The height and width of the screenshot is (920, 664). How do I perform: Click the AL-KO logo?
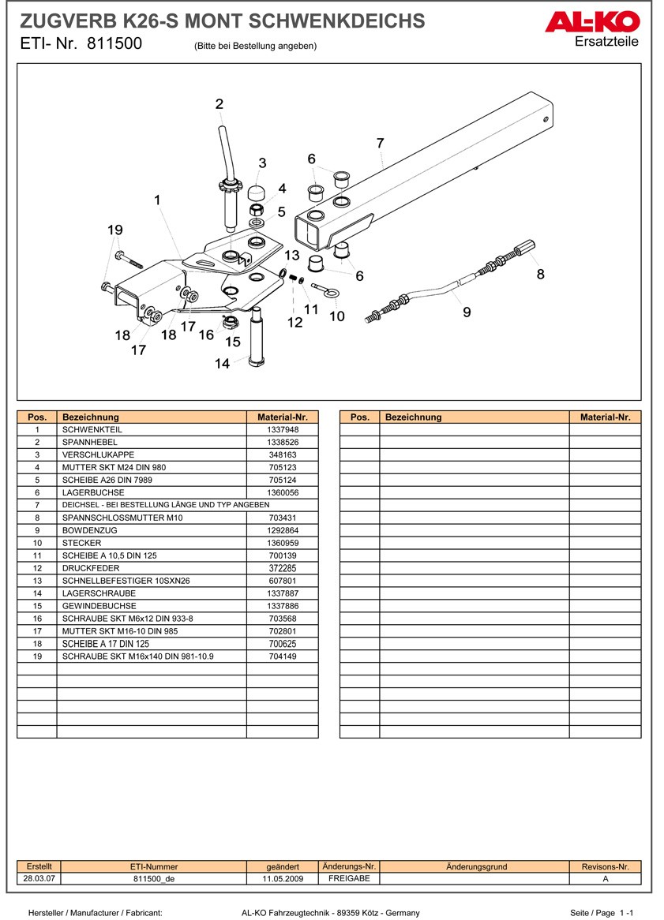tap(591, 23)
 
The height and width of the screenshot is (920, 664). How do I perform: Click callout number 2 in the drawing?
tap(219, 103)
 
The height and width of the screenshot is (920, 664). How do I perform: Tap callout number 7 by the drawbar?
tap(380, 143)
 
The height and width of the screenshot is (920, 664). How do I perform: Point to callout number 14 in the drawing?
tap(222, 364)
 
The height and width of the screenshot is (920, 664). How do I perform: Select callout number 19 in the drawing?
tap(115, 230)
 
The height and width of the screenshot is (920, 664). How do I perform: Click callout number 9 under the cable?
tap(467, 312)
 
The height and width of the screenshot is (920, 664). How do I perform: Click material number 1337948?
tap(283, 429)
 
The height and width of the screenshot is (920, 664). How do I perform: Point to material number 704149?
tap(283, 656)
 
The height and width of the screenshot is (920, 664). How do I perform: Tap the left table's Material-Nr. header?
tap(282, 417)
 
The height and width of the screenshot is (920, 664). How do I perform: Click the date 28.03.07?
tap(39, 878)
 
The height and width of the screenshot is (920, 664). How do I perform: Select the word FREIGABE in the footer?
tap(349, 878)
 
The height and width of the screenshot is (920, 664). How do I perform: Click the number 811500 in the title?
tap(115, 44)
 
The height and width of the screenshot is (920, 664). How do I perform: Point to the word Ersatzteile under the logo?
tap(607, 41)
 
